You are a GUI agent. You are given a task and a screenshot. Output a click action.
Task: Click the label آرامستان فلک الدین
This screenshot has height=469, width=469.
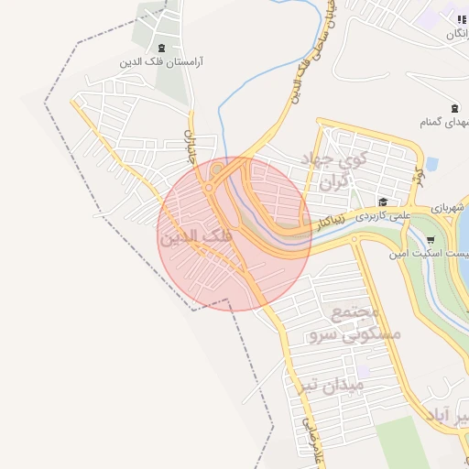click(x=161, y=63)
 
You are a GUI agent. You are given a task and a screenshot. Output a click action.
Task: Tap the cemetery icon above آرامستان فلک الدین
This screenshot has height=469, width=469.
click(x=162, y=48)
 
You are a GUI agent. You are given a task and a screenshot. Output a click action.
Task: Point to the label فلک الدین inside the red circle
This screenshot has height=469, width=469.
click(x=196, y=237)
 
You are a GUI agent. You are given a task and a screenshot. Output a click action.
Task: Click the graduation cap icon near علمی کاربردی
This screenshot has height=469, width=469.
click(x=383, y=202)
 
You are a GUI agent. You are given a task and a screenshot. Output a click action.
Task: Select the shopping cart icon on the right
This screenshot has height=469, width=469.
click(x=431, y=240)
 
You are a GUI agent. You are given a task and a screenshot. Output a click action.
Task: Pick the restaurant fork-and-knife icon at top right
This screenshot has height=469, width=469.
click(x=461, y=19)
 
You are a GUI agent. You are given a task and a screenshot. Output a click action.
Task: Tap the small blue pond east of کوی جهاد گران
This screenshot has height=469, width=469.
click(x=431, y=165)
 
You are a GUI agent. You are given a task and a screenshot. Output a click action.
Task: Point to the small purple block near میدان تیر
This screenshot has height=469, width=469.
click(x=364, y=372)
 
